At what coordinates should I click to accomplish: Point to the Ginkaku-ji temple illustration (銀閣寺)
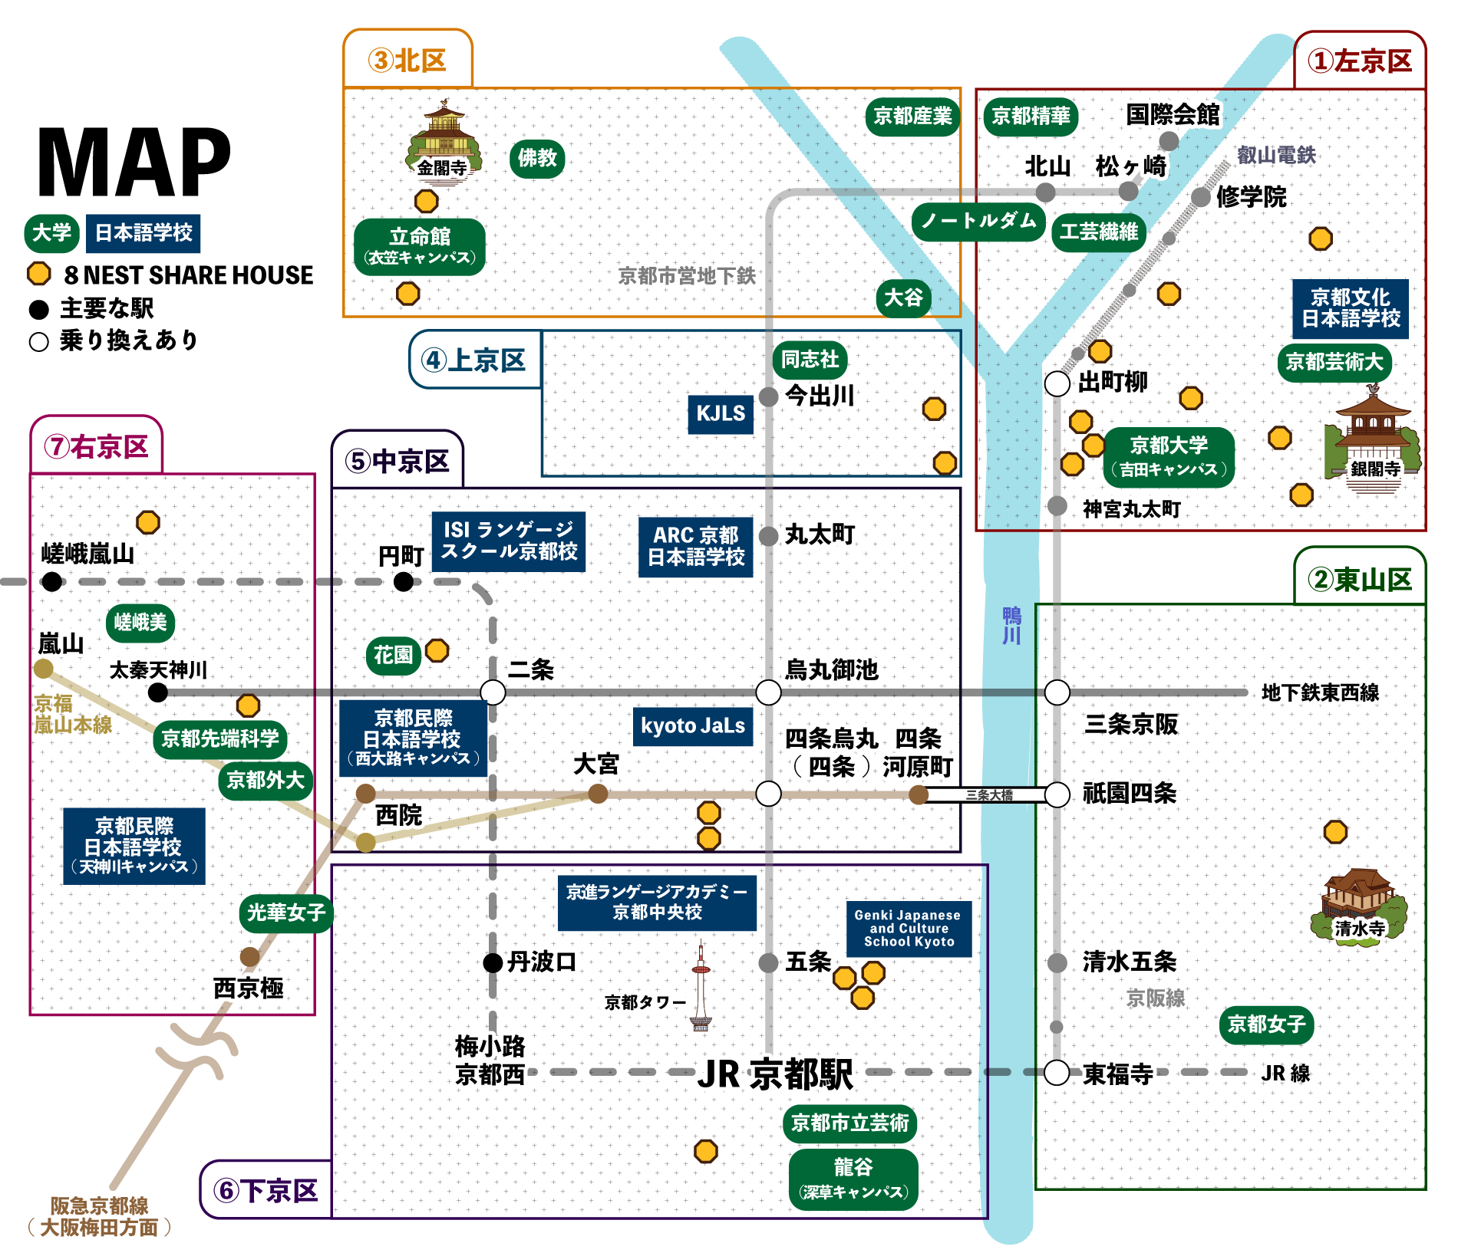1372,437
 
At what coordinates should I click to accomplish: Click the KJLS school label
721,414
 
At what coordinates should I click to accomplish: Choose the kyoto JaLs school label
693,726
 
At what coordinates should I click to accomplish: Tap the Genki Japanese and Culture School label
909,929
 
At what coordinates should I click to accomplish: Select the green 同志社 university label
810,360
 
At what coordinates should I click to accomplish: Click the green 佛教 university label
536,159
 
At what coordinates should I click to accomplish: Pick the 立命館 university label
420,245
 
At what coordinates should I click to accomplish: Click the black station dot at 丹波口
493,962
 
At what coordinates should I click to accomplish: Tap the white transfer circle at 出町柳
1057,383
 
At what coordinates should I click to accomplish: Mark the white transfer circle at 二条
493,692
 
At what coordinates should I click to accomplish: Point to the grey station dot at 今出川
768,397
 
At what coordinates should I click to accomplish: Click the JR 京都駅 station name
775,1074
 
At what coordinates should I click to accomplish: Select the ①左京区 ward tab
1360,61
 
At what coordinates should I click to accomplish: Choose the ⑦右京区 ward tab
97,447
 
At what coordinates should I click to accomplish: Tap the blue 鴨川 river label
1011,626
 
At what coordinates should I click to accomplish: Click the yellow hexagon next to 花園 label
437,651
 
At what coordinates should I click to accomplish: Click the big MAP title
134,163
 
